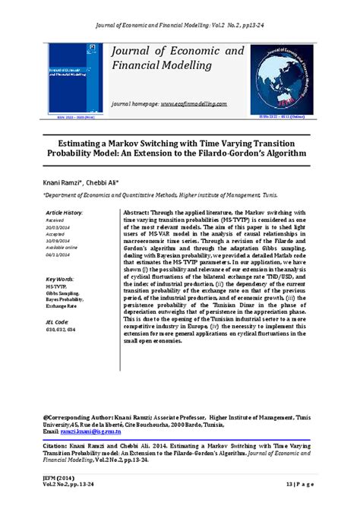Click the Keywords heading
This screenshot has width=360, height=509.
(x=60, y=279)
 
